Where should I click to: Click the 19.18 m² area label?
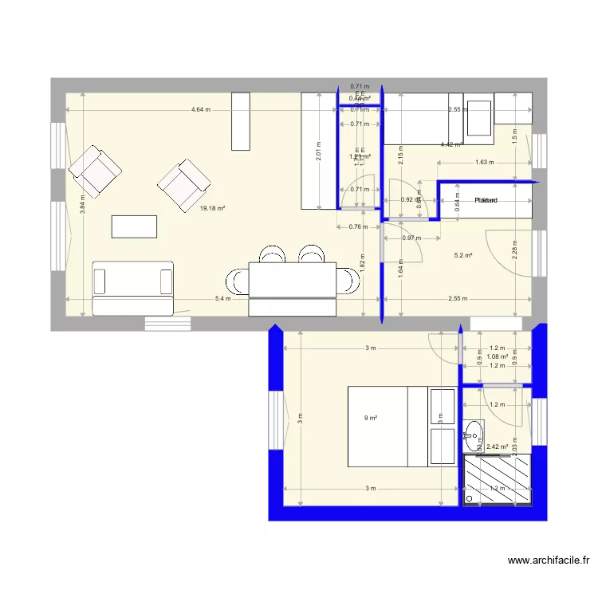click(x=212, y=208)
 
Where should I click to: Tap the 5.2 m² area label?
click(x=463, y=256)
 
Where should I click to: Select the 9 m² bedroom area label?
click(x=370, y=418)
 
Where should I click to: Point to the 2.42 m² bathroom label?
click(x=497, y=448)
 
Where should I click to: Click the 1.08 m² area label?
click(x=498, y=356)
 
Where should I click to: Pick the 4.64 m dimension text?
click(x=201, y=110)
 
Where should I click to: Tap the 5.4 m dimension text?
click(x=223, y=299)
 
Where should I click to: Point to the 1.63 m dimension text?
click(x=484, y=163)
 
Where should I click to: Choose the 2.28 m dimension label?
click(x=515, y=249)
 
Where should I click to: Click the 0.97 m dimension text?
click(x=411, y=238)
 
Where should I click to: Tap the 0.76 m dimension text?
click(x=358, y=226)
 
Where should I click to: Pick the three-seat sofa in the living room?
click(x=133, y=288)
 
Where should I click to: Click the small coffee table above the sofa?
click(x=135, y=226)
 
